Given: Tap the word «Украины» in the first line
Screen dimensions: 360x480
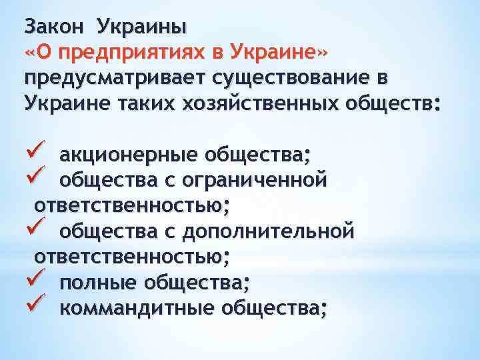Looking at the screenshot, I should (x=141, y=27).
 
